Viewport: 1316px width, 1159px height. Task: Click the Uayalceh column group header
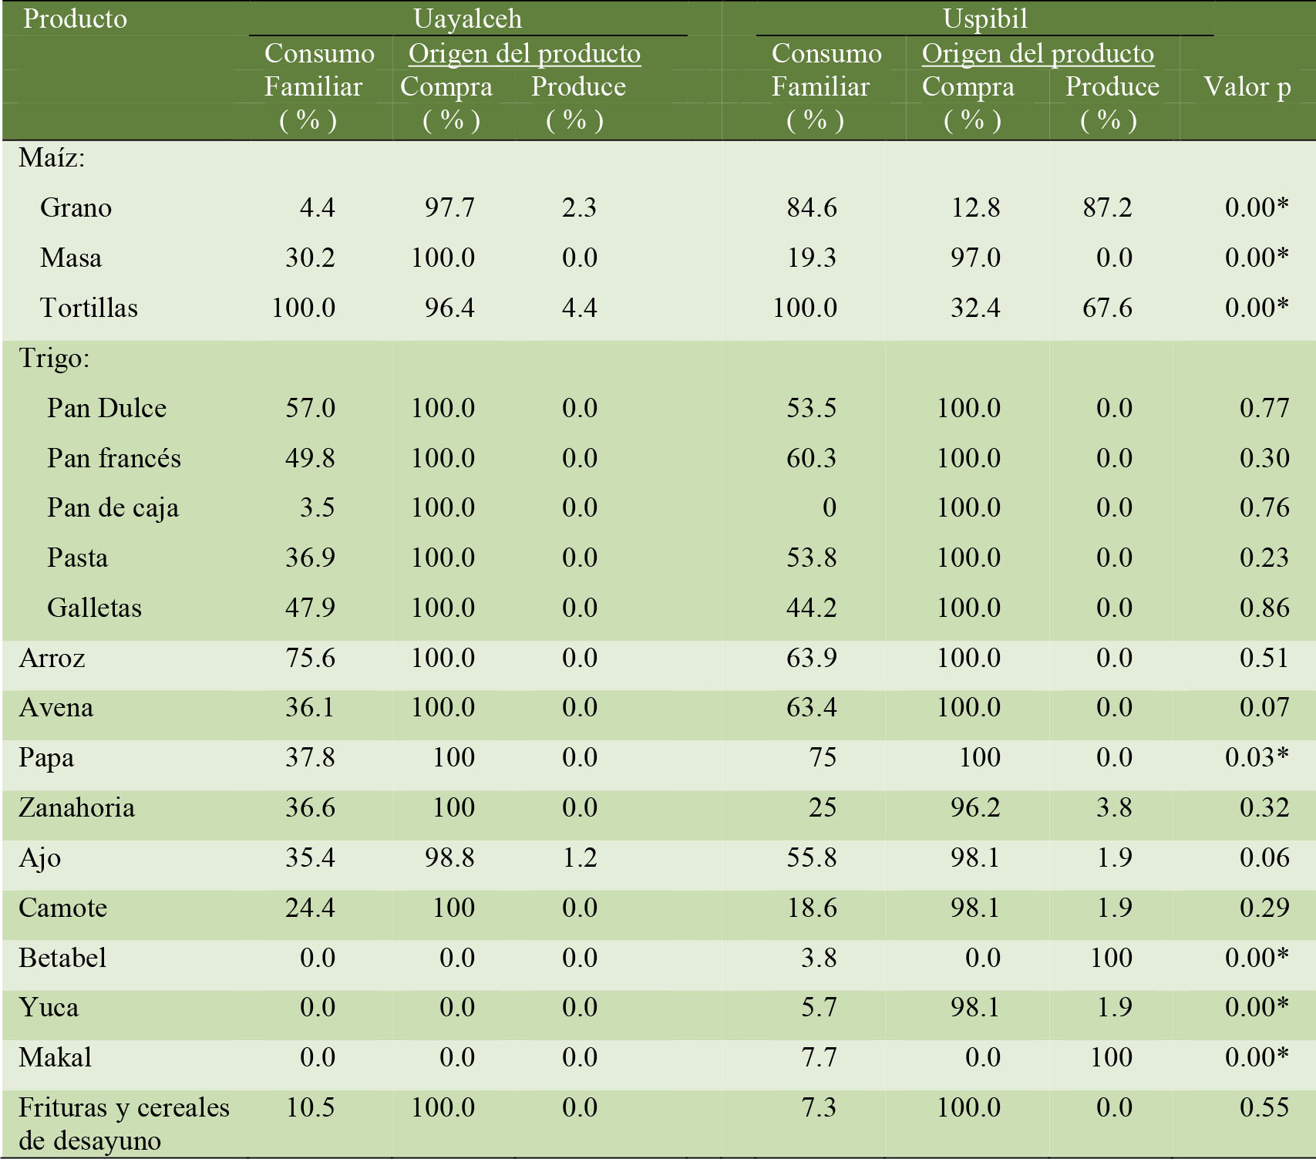467,19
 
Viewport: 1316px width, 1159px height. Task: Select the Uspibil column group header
984,19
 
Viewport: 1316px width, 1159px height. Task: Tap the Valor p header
1247,86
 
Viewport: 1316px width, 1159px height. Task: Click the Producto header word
75,19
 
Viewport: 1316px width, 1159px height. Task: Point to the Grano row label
76,207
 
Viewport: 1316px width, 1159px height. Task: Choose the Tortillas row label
89,308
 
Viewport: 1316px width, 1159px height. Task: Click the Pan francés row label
113,458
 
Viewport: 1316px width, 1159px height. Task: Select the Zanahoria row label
76,807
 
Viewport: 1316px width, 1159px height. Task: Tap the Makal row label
55,1057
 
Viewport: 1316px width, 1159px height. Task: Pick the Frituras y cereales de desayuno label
123,1124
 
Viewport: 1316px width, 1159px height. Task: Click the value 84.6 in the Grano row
811,207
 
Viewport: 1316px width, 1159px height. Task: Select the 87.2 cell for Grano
1107,207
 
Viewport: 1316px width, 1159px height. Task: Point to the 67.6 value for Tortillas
1107,308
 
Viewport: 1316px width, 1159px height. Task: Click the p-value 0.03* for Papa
1256,757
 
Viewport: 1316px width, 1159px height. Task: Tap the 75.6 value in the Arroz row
310,658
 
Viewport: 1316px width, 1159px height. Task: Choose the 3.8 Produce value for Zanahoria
1114,807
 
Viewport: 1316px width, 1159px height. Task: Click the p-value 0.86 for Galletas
1264,608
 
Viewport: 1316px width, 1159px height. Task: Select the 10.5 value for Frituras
310,1107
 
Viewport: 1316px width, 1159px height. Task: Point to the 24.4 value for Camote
310,908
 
